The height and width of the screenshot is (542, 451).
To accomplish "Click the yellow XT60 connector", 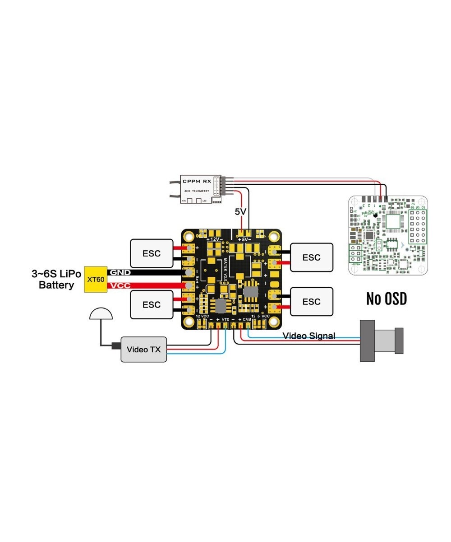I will [x=96, y=279].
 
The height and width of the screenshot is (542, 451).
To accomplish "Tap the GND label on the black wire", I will [x=120, y=272].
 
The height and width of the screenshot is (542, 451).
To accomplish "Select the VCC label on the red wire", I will [x=120, y=286].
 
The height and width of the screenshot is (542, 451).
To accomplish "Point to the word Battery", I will [x=56, y=285].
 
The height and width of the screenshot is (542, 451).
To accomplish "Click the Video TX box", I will [x=143, y=349].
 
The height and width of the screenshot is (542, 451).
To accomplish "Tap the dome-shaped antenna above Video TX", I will [x=101, y=314].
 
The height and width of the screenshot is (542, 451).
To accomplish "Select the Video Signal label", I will [x=309, y=336].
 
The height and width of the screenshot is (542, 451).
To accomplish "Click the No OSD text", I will [x=387, y=299].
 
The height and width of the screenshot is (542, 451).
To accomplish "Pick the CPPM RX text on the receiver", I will [x=197, y=181].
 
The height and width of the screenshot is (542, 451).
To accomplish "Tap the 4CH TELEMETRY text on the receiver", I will [x=197, y=191].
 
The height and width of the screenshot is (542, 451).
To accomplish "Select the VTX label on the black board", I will [x=225, y=319].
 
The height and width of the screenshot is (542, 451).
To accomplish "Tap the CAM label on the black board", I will [x=247, y=319].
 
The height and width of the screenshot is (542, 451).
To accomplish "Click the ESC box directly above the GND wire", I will [x=152, y=253].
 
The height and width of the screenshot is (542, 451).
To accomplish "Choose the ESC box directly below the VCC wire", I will [x=152, y=304].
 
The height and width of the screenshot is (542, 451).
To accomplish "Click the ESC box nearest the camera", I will [x=311, y=301].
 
